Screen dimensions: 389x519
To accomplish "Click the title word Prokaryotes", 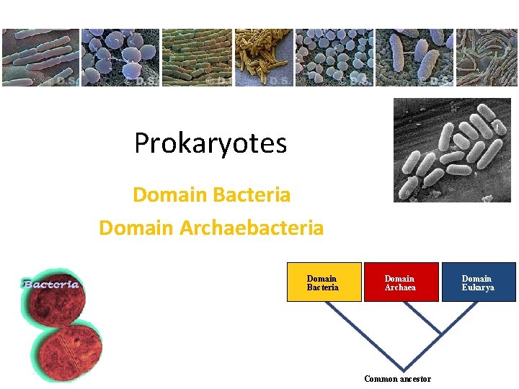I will [210, 143].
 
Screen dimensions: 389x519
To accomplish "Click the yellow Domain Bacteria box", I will [322, 282].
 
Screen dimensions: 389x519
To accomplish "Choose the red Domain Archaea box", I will [400, 282].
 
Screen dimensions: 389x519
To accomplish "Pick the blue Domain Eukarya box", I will [477, 282].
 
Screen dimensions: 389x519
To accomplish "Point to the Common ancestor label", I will [397, 379].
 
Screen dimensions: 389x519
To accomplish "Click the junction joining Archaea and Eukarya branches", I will [440, 336].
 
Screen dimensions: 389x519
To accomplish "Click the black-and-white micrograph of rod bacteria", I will [452, 150].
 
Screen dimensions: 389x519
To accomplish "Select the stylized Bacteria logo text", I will [50, 284].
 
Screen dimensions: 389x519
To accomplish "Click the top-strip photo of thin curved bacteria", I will [487, 58].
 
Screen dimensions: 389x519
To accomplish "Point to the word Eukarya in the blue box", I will [478, 287].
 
